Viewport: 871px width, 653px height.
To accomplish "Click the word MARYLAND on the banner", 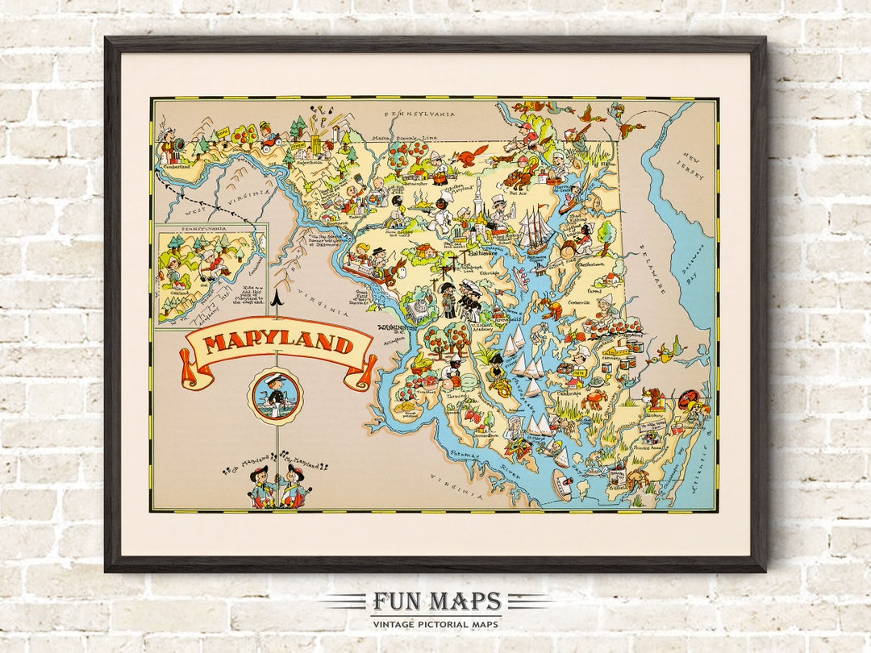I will (x=278, y=345).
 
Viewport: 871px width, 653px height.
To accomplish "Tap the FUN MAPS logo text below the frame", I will (x=436, y=601).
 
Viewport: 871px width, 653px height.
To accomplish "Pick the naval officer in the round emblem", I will (x=276, y=395).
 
